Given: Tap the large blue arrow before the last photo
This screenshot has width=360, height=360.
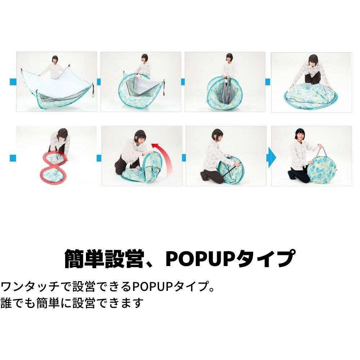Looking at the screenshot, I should pos(271,157).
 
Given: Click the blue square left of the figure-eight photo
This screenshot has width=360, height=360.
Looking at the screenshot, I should pos(13,157).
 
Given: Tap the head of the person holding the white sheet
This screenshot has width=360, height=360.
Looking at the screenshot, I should pos(55,60).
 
